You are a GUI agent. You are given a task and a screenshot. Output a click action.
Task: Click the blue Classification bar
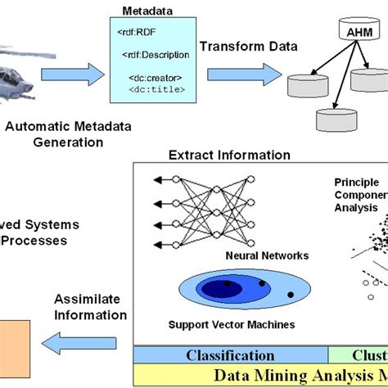pos(230,355)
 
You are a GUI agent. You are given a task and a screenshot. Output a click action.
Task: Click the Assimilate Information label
pos(90,307)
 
